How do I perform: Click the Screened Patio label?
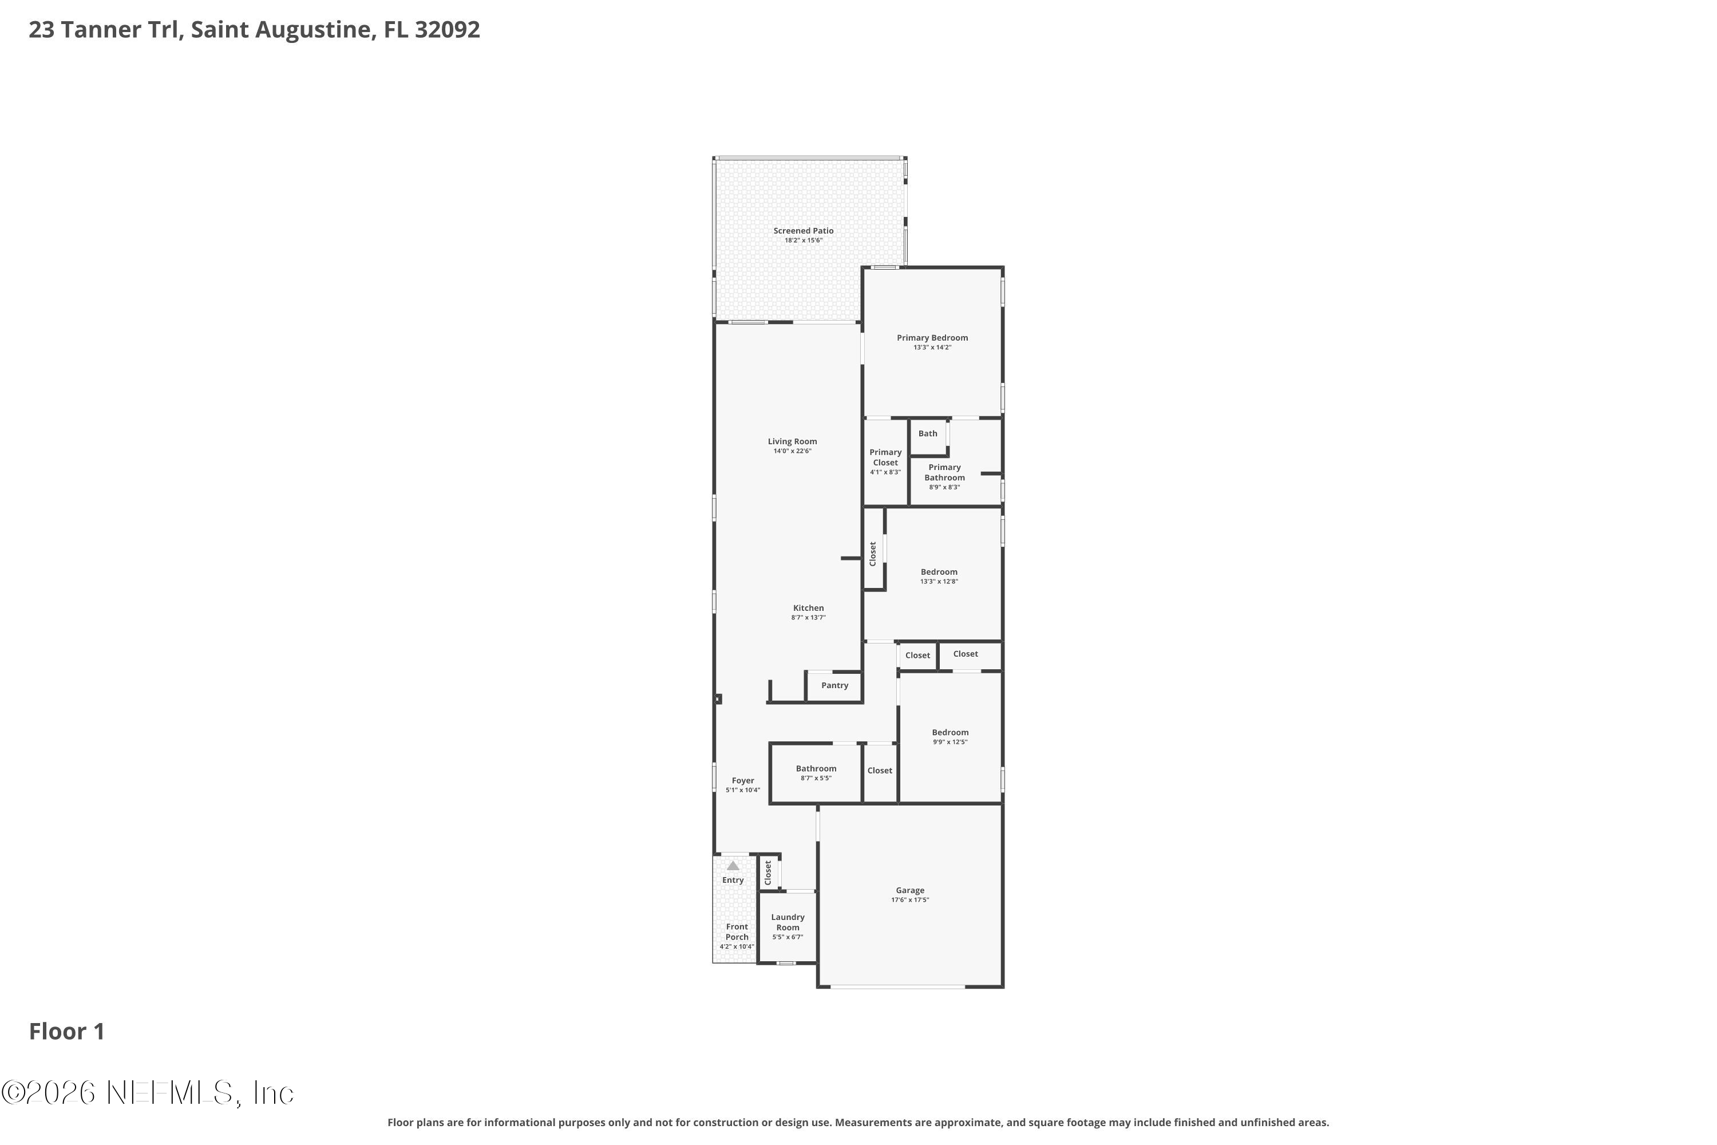[x=803, y=231]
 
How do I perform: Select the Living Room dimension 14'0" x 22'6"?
[x=792, y=451]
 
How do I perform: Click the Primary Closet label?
[x=885, y=457]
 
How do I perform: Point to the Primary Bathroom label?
[x=945, y=472]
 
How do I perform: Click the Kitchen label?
[x=808, y=607]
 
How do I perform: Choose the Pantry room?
[x=834, y=686]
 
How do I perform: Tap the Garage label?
[x=911, y=890]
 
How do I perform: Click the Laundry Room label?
[x=788, y=922]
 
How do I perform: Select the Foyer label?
[x=743, y=781]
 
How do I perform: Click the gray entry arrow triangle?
[x=733, y=865]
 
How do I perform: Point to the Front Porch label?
[x=737, y=932]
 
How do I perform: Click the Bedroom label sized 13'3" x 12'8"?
[x=939, y=572]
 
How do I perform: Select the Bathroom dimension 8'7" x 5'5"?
[x=816, y=779]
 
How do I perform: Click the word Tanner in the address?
[x=105, y=30]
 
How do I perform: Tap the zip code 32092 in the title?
[x=448, y=30]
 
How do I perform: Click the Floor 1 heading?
[x=67, y=1031]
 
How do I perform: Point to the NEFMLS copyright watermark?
[x=148, y=1092]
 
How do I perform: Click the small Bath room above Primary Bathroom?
[x=928, y=437]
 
